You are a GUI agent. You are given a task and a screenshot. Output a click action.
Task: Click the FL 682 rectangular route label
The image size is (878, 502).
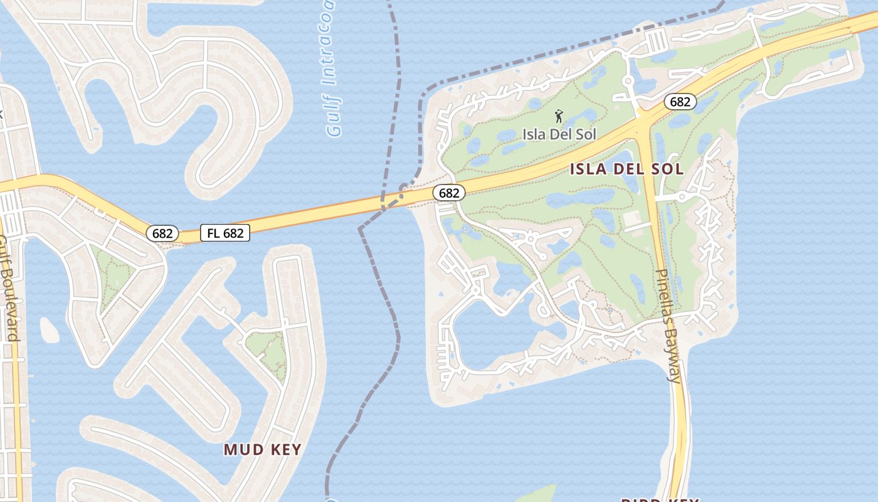coord(225,233)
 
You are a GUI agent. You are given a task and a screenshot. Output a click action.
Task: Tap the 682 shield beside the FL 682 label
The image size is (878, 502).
coord(162,233)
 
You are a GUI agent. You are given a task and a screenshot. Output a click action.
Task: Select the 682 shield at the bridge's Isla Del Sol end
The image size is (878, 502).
coord(449,193)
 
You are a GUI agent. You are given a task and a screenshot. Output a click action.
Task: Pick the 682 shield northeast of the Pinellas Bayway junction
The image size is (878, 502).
coord(680,102)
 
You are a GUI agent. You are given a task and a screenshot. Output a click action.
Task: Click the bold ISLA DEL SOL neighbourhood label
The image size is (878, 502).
coord(627,169)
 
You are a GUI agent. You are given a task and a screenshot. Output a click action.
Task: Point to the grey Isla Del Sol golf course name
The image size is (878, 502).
coord(559,134)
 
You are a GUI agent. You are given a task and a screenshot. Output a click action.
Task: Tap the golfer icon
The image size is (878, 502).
coord(559,115)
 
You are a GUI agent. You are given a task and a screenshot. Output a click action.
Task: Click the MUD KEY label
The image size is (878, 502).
coord(263,449)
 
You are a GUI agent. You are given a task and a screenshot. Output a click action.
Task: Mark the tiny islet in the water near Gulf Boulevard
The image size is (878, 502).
coord(49,329)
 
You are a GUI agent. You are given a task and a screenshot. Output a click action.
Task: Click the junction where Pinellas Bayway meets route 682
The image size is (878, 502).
coord(643,122)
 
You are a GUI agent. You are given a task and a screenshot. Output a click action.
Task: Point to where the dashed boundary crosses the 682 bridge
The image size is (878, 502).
coord(383,205)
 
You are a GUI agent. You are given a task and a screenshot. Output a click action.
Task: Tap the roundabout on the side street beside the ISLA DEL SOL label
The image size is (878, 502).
coord(682,196)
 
